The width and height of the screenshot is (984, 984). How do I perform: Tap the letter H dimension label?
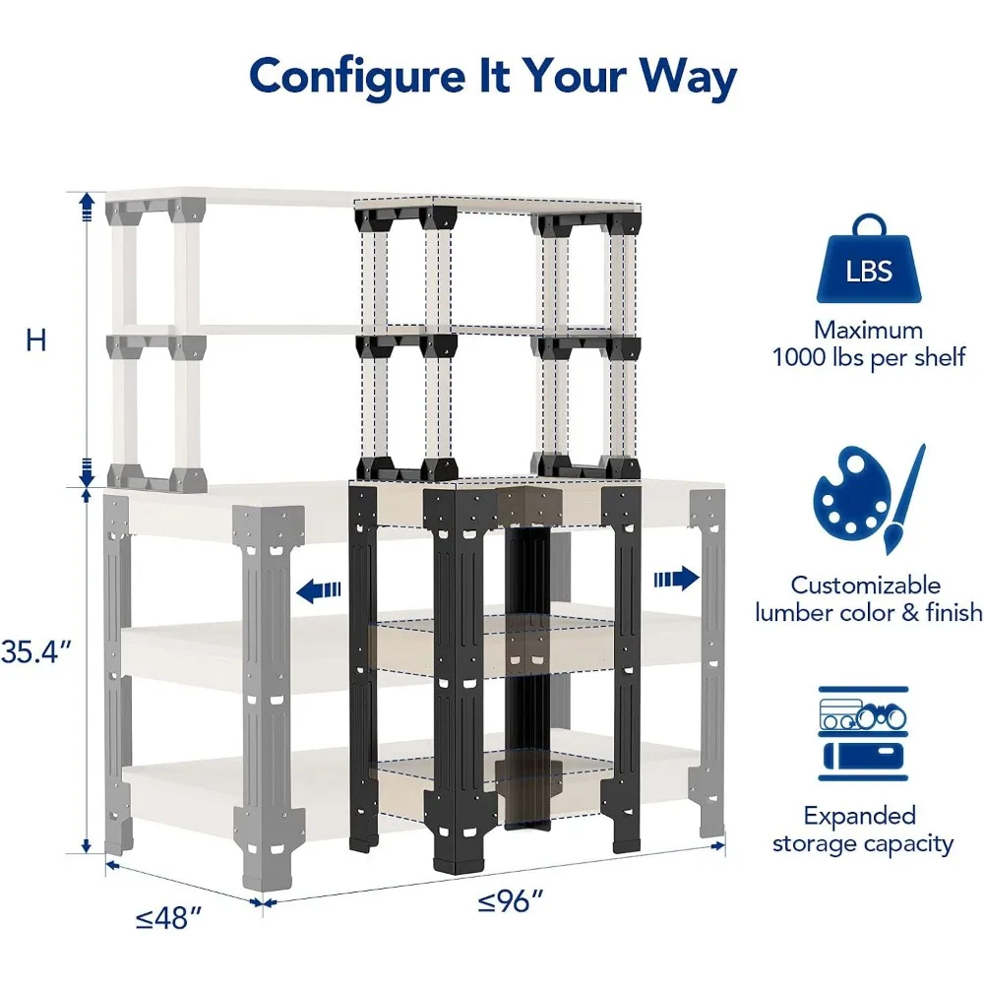coord(36,341)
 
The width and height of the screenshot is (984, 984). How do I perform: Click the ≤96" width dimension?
coord(512,900)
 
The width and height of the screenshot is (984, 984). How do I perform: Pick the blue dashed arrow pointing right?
coord(676,577)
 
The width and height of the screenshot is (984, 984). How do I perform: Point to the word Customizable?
coord(866,585)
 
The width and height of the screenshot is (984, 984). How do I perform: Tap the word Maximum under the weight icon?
coord(868,331)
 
